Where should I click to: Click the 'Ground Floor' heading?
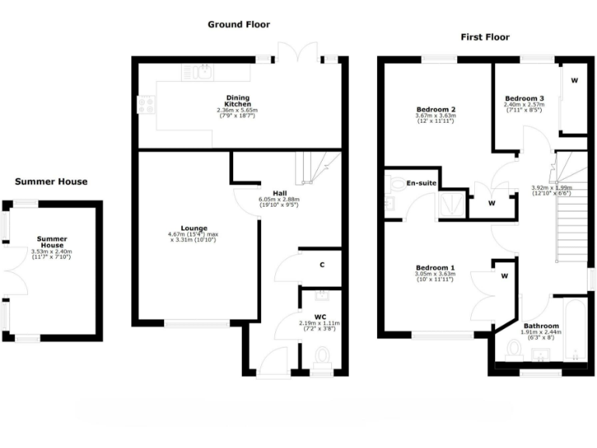pos(239,24)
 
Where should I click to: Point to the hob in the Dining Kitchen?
pos(145,105)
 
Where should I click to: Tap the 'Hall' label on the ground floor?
pos(281,192)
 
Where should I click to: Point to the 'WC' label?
pos(320,317)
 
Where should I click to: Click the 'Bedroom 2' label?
pos(435,110)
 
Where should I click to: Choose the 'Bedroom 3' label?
pos(523,98)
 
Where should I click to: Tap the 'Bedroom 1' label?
pos(435,268)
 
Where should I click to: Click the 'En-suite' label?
pos(420,183)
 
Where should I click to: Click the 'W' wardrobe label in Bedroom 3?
pos(575,80)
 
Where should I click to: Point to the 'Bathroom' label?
pos(540,326)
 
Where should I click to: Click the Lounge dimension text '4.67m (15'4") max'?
pos(192,234)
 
